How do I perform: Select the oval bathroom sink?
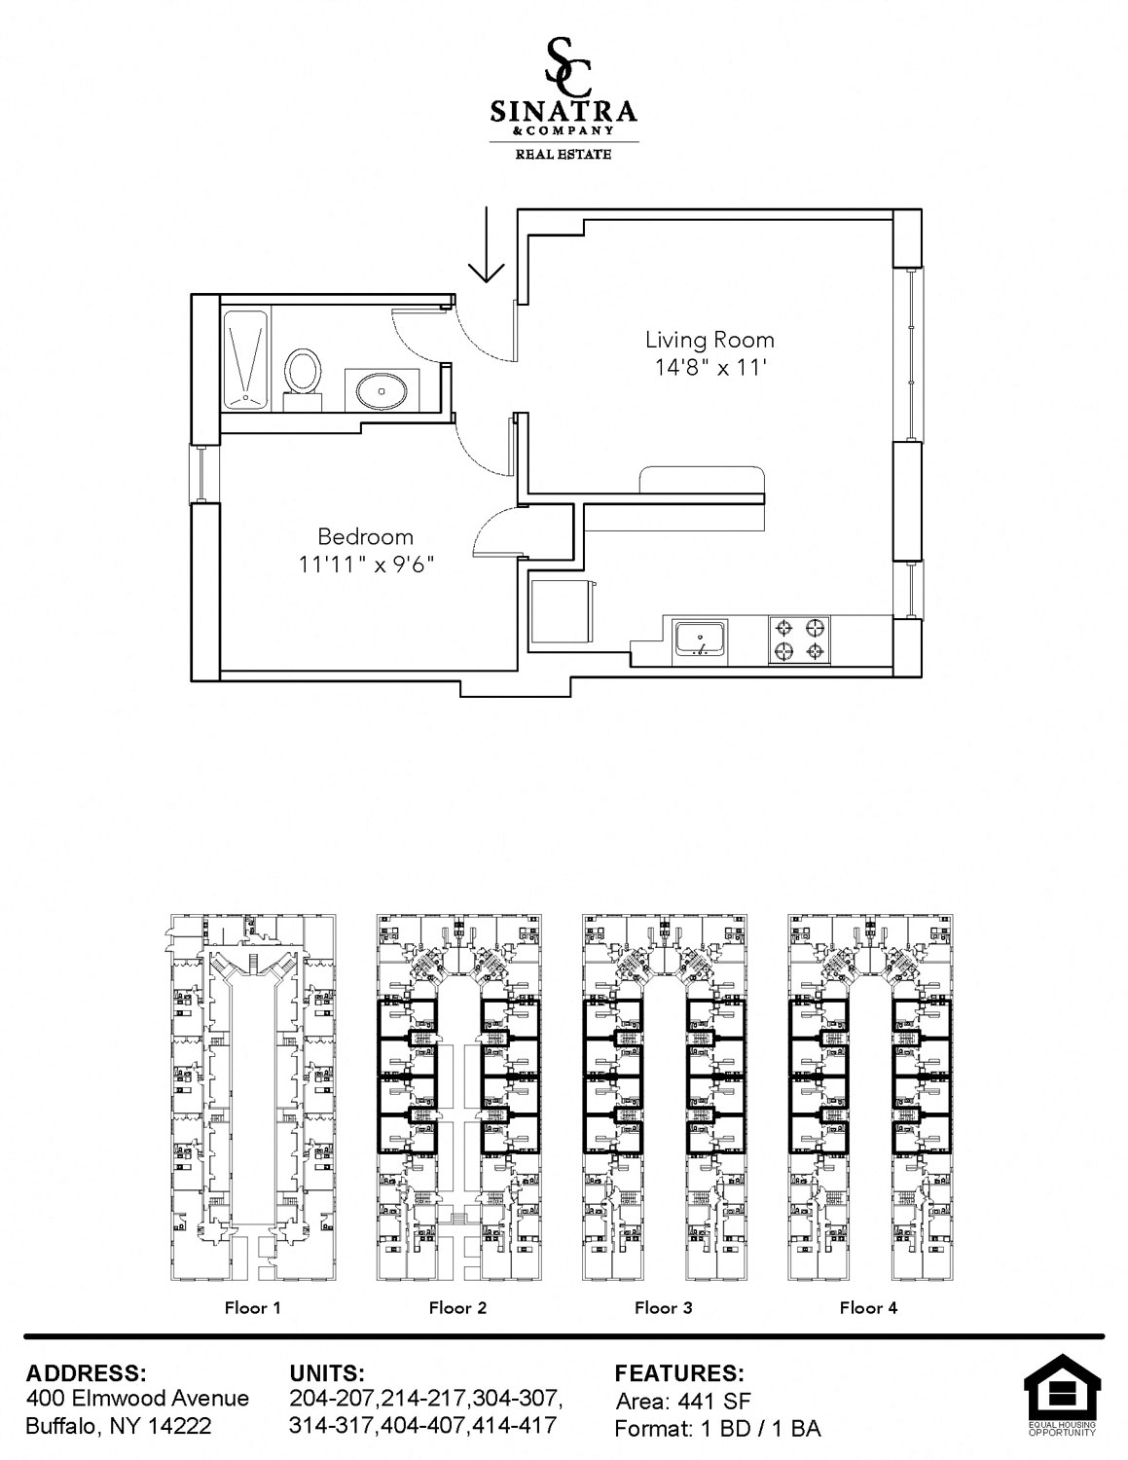pos(382,389)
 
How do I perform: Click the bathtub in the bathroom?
pos(245,360)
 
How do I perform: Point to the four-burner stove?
pos(799,640)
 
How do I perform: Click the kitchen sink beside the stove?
pos(701,639)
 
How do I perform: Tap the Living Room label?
pos(710,340)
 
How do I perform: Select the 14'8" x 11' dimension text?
pos(710,368)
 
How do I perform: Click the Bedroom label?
pos(366,537)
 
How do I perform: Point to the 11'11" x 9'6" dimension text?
pos(366,566)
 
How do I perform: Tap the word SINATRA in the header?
pos(564,111)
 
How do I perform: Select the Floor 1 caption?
pos(253,1307)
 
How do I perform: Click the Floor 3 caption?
pos(664,1307)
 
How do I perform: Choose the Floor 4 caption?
pos(869,1307)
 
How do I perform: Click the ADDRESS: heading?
pos(86,1372)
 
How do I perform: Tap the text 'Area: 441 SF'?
pos(682,1402)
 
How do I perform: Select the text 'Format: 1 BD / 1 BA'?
pos(717,1429)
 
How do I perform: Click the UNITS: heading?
pos(327,1372)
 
